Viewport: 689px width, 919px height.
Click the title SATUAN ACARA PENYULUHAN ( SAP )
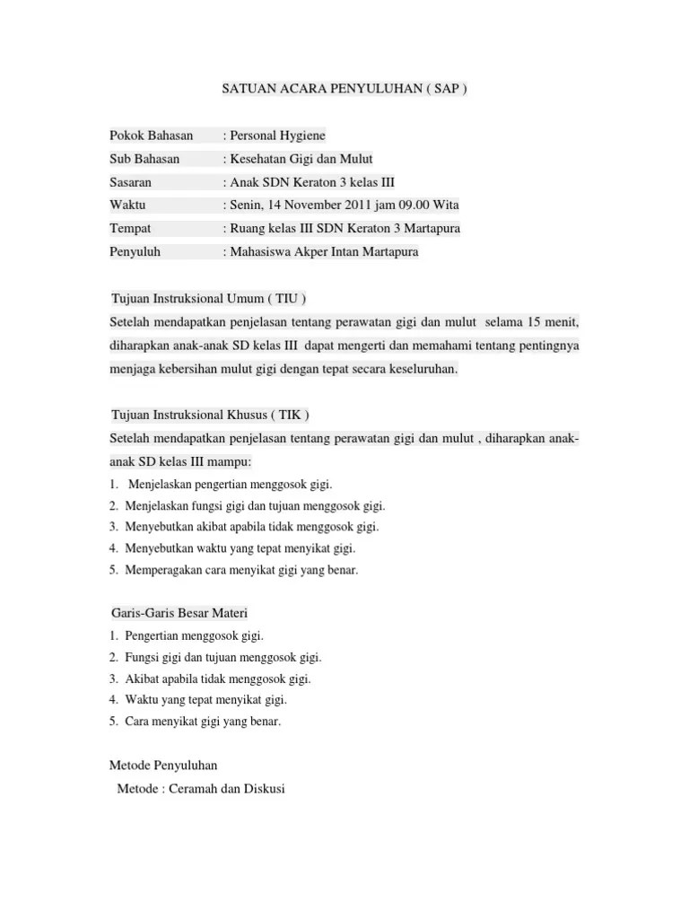344,91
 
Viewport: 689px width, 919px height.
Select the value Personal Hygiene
277,136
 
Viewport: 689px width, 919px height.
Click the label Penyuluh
135,252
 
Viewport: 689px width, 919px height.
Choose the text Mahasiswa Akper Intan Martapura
324,252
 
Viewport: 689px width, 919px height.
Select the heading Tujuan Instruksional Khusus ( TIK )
211,416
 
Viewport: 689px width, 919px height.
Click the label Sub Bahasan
144,159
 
